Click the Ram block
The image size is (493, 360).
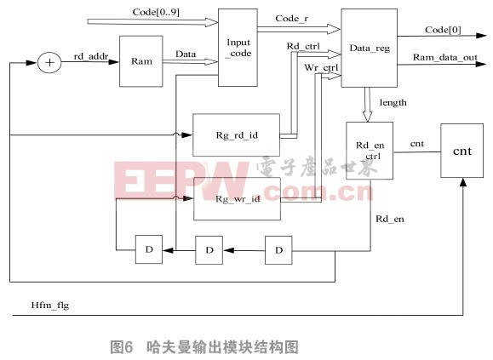[x=141, y=61]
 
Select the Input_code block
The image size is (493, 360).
[x=238, y=48]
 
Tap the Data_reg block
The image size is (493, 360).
[x=370, y=48]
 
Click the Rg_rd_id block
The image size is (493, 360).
[x=236, y=135]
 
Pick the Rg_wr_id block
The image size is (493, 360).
[x=237, y=199]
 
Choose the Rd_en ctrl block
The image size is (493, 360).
[x=370, y=151]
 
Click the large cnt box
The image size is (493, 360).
[x=461, y=151]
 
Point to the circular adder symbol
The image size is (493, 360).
[x=49, y=63]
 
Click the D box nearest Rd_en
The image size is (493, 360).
[x=278, y=250]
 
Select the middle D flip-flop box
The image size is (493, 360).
[x=209, y=250]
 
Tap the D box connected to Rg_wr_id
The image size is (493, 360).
[x=149, y=249]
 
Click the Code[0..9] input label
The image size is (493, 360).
[x=156, y=12]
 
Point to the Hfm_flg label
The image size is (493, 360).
[x=50, y=306]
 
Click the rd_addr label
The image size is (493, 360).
[x=91, y=56]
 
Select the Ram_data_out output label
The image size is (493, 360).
[x=445, y=58]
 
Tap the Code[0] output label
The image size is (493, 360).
[x=443, y=30]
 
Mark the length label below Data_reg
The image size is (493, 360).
[x=393, y=103]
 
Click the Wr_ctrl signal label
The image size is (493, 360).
[x=321, y=67]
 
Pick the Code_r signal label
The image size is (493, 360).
[x=292, y=19]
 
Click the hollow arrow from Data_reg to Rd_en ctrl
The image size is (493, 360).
[x=367, y=105]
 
